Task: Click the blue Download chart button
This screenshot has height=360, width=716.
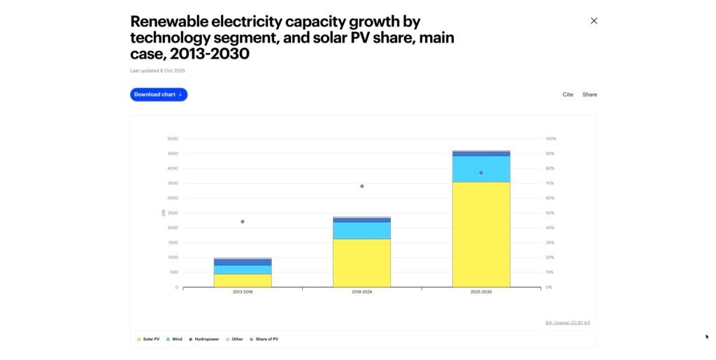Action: click(159, 94)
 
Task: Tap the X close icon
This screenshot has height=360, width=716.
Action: click(594, 21)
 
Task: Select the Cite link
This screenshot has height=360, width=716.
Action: click(568, 94)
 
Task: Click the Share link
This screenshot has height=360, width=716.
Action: click(589, 94)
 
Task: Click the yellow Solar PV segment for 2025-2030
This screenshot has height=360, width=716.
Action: click(481, 234)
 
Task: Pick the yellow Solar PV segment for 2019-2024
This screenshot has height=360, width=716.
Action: click(361, 263)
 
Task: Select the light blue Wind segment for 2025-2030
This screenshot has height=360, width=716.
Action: click(481, 168)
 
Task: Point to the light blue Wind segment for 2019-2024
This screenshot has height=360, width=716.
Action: click(361, 231)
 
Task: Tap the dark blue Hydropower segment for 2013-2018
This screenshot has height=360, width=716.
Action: click(243, 262)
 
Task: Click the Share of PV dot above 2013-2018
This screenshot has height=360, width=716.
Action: click(243, 222)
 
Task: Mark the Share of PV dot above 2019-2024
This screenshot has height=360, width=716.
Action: click(362, 186)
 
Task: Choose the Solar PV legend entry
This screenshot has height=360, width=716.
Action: click(148, 339)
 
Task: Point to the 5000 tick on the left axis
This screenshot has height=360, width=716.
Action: click(173, 138)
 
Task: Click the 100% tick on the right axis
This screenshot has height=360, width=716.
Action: click(551, 138)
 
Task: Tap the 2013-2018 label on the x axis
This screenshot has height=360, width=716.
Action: click(243, 291)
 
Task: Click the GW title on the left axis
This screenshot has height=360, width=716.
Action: click(164, 213)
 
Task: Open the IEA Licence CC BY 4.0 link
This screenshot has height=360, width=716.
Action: click(567, 322)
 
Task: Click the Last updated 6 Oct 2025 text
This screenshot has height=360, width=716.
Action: click(157, 71)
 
